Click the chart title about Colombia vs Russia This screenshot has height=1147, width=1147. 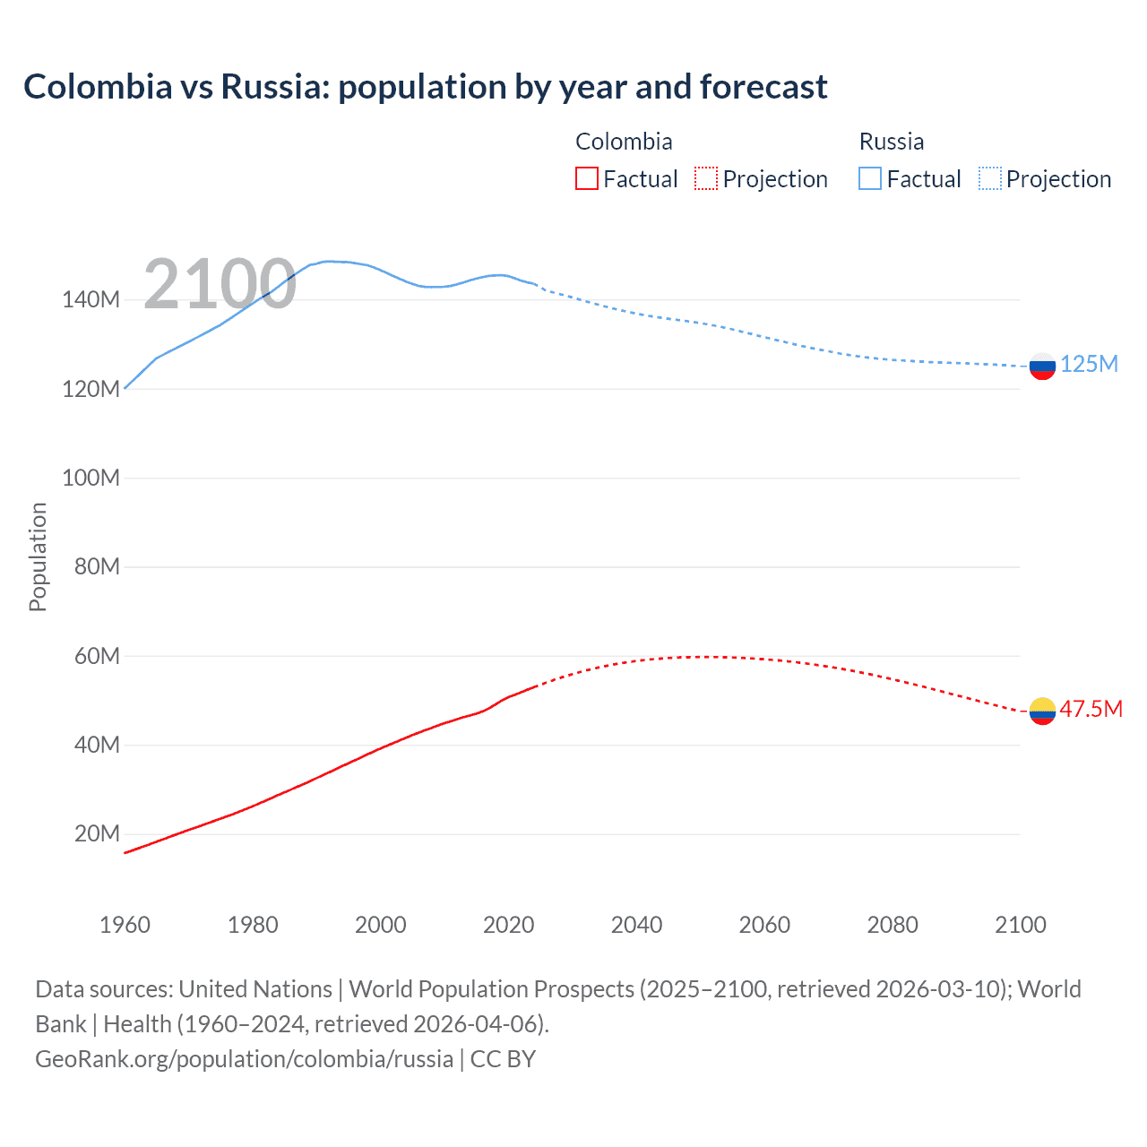pos(426,87)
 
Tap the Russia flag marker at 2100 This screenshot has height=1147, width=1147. pos(1042,366)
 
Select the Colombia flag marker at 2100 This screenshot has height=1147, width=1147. pos(1042,711)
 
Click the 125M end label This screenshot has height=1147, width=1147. pos(1089,364)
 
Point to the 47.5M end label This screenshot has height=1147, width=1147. pos(1091,709)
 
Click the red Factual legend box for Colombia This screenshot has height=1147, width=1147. pos(587,178)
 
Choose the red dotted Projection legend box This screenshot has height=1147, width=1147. pos(706,178)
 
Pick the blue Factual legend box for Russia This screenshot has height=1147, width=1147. pos(870,178)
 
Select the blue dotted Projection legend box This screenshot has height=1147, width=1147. pos(990,178)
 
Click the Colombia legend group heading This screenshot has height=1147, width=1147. pos(624,142)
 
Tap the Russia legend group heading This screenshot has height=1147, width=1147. pos(891,142)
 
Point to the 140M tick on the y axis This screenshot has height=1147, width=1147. pos(91,299)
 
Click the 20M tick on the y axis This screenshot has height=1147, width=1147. pos(97,833)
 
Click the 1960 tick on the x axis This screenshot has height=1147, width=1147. pos(125,925)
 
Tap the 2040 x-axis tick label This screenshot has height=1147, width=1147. pos(636,925)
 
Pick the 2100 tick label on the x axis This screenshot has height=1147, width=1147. pos(1020,925)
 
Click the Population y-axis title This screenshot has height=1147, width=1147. pos(38,556)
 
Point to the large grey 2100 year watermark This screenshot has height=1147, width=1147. pos(220,284)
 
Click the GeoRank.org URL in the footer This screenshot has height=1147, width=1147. pos(244,1058)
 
